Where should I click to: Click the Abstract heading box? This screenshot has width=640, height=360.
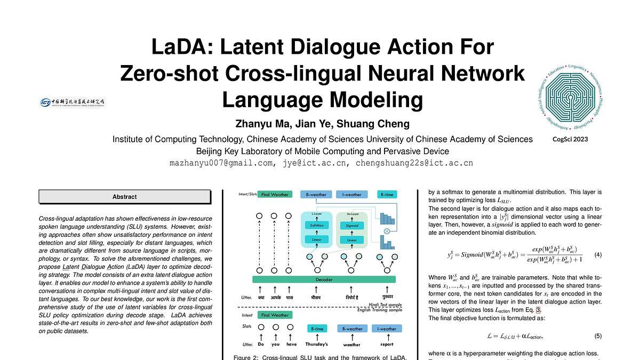point(124,197)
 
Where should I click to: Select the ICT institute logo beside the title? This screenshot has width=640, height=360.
point(73,102)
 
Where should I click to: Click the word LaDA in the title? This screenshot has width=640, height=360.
point(181,47)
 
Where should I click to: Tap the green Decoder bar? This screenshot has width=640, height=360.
point(324,279)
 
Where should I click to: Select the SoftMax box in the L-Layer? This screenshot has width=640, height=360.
point(317,226)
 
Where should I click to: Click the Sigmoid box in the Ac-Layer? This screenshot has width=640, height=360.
point(352,226)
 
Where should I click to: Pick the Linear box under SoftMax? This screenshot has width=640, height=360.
point(317,240)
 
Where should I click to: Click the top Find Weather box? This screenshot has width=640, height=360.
point(275,195)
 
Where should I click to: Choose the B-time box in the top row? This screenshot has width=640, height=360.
point(387,195)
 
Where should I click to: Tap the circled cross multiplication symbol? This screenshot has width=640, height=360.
point(387,231)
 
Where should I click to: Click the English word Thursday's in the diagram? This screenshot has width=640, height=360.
point(317,344)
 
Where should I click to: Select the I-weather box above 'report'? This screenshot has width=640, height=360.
point(387,329)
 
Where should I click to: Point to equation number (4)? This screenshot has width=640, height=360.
point(598,255)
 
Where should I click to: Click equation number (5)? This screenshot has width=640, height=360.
point(598,336)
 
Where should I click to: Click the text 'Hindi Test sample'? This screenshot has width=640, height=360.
point(386,305)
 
